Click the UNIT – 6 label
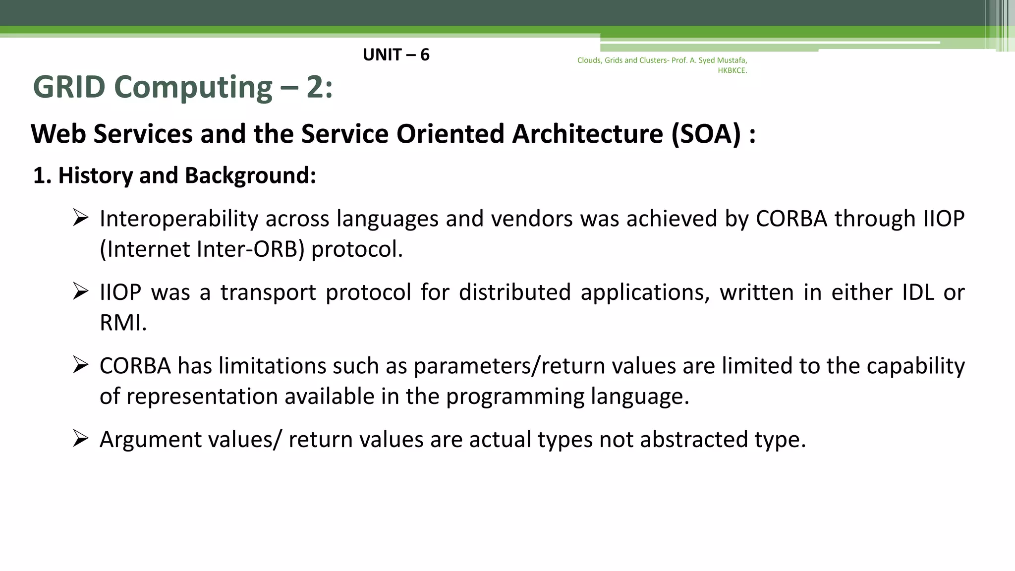[396, 55]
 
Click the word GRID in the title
[69, 87]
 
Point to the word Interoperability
[179, 219]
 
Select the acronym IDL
[918, 292]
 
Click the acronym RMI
[123, 323]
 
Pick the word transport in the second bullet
[268, 292]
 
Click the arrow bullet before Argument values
[80, 439]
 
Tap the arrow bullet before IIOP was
[80, 291]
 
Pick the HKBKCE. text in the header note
[732, 71]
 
